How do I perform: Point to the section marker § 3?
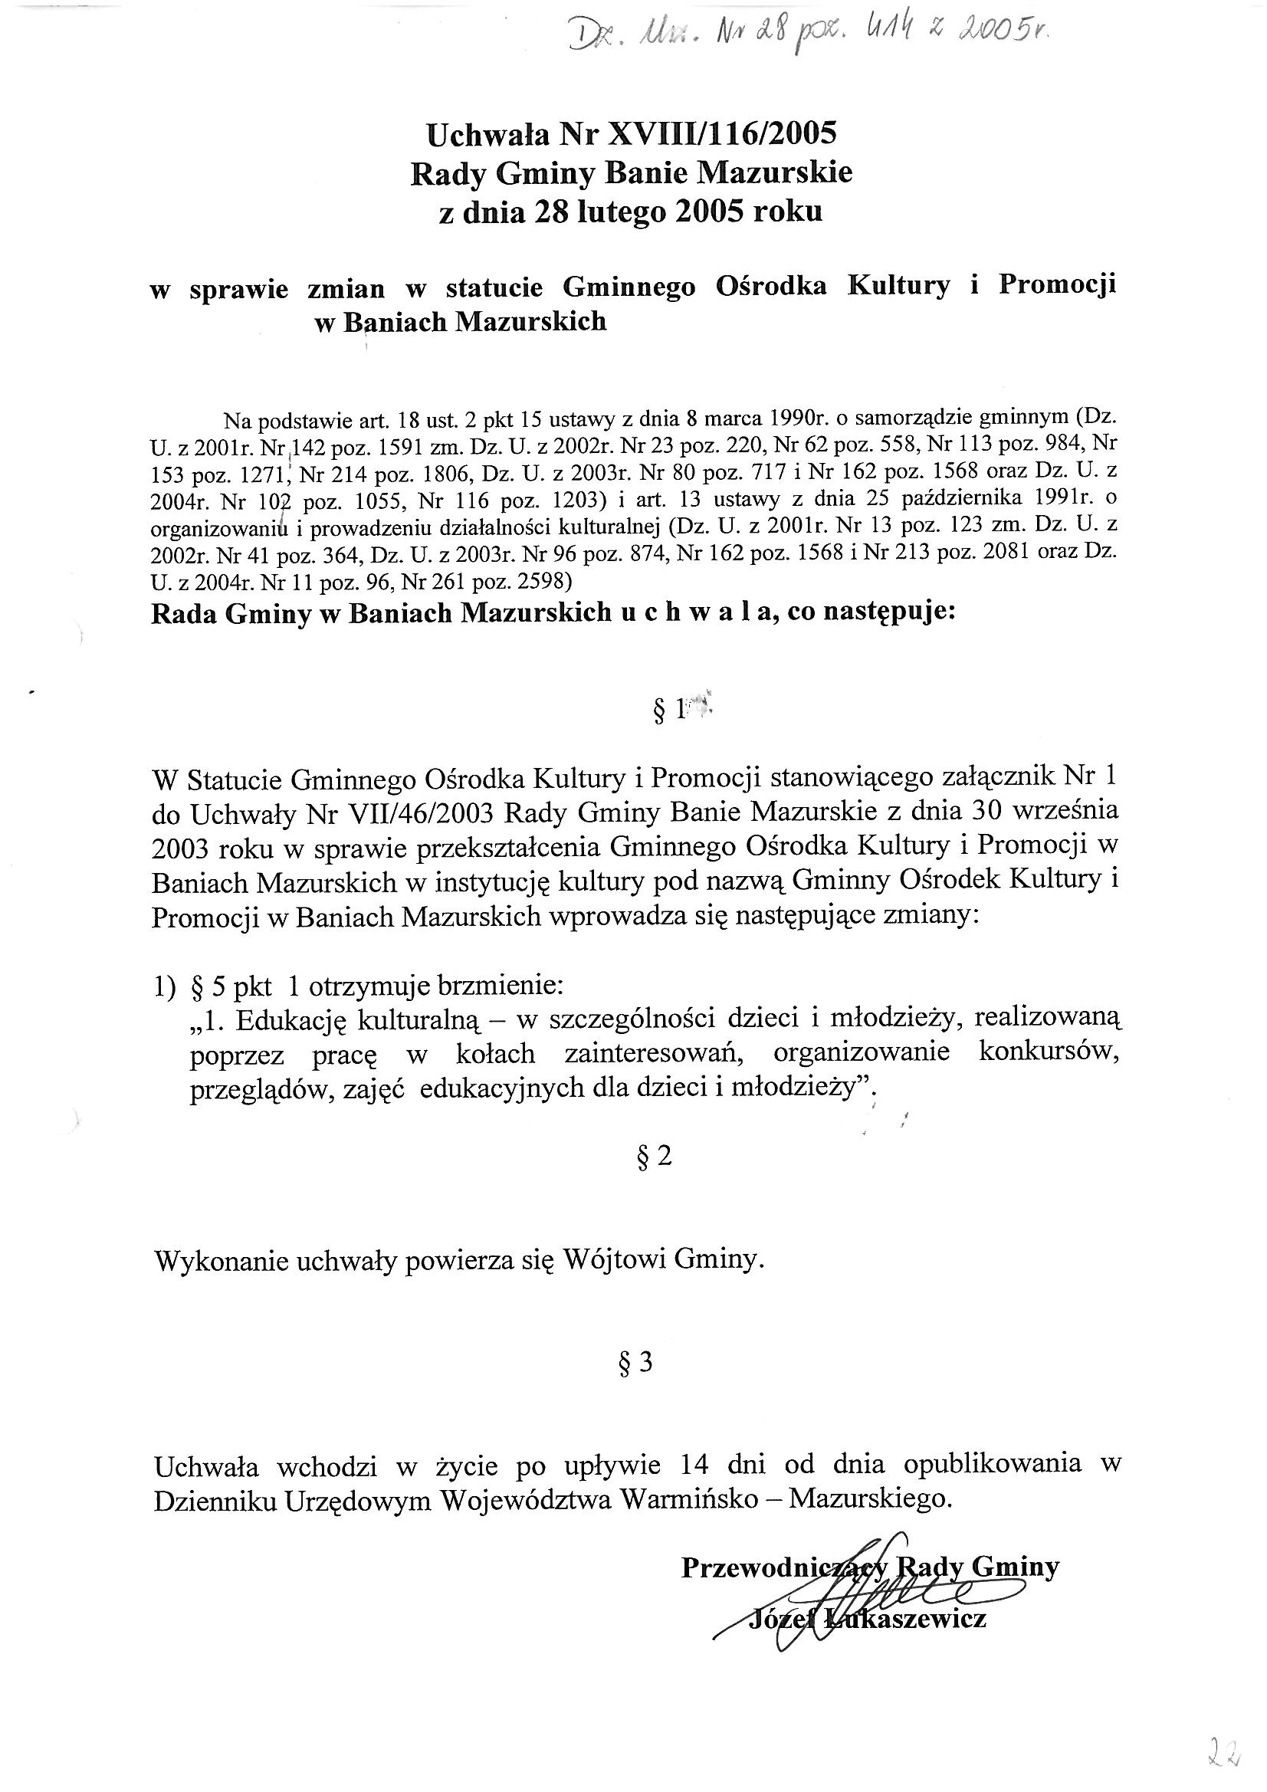(x=635, y=1363)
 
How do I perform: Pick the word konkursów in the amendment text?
(x=1049, y=1053)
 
